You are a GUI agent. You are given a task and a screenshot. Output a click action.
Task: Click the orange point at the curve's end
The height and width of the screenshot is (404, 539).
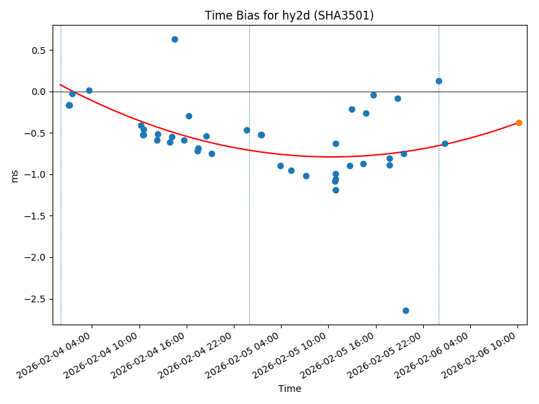[519, 123]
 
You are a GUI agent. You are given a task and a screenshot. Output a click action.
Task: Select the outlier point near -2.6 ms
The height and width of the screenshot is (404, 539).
[406, 310]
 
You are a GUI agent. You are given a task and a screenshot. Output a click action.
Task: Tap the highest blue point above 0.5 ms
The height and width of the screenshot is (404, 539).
[175, 39]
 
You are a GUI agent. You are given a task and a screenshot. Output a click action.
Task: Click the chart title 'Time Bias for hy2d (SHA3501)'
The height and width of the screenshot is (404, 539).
[290, 15]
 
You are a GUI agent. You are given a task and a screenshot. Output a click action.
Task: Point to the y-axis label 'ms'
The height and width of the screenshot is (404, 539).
[14, 175]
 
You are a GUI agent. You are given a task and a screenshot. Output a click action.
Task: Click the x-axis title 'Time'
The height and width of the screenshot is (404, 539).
[290, 389]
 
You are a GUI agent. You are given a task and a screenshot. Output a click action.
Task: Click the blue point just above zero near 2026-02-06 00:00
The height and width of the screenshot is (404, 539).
[439, 81]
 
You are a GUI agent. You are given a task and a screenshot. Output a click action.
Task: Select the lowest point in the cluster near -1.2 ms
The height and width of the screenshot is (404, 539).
[336, 190]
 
